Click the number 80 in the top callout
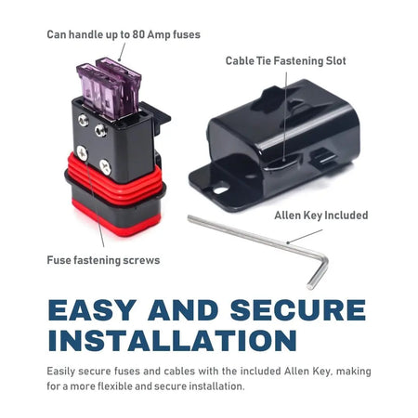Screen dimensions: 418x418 tap(139, 34)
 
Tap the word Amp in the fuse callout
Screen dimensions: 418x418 tap(159, 35)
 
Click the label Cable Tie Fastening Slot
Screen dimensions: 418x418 tap(286, 61)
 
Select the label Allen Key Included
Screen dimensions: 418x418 tap(321, 216)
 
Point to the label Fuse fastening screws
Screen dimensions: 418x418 tap(103, 260)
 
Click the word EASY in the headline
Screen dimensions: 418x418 tap(92, 310)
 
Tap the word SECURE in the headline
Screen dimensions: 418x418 tap(298, 310)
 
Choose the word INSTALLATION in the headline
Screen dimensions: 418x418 tap(173, 340)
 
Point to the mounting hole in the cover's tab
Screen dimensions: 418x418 tap(221, 189)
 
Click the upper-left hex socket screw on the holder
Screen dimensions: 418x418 tap(84, 120)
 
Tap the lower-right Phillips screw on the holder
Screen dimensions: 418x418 tap(105, 167)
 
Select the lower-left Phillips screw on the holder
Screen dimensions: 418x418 tap(83, 153)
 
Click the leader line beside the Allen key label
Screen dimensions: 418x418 tap(305, 237)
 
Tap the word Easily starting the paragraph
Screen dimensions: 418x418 tap(61, 372)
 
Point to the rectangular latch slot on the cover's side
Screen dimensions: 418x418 tap(322, 158)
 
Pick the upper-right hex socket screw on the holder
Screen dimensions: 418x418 tap(100, 130)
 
